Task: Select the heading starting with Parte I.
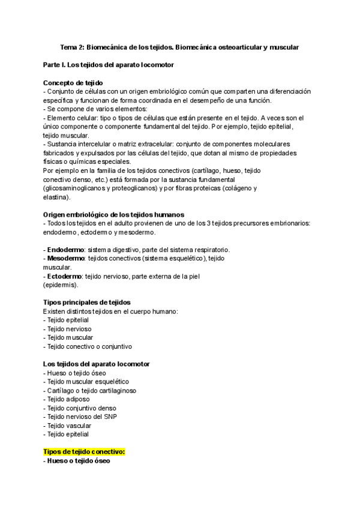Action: (109, 64)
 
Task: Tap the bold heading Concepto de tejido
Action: (73, 82)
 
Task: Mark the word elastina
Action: (56, 197)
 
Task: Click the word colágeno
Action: (239, 188)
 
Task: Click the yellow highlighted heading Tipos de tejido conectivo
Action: (84, 451)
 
